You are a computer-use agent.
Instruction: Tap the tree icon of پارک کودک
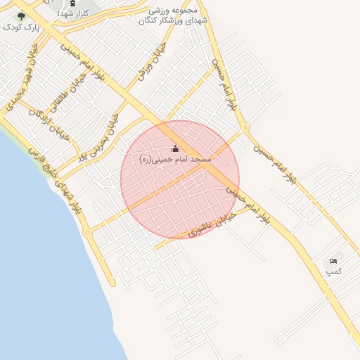(x=21, y=15)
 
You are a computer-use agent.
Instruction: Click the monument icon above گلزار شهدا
(x=72, y=4)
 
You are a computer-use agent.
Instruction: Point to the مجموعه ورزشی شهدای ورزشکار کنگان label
(x=175, y=16)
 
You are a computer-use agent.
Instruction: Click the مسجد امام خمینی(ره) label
(x=175, y=160)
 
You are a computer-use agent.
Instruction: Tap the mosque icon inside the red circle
(x=175, y=148)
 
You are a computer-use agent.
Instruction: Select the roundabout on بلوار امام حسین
(x=245, y=128)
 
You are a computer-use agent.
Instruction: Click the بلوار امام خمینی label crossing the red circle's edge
(x=247, y=204)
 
